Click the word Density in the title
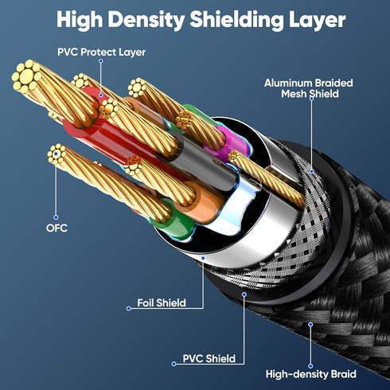[146, 20]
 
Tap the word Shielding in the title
[236, 20]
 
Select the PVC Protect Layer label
[101, 52]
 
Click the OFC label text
[57, 228]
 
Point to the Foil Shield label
[162, 302]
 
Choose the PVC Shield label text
[209, 358]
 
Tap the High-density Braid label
[310, 374]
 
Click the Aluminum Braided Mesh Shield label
[309, 88]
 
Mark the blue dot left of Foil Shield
[129, 308]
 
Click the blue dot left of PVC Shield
[174, 364]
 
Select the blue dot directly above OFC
[56, 217]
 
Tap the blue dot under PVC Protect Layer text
[101, 61]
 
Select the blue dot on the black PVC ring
[244, 294]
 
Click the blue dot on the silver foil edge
[203, 258]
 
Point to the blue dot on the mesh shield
[312, 171]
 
